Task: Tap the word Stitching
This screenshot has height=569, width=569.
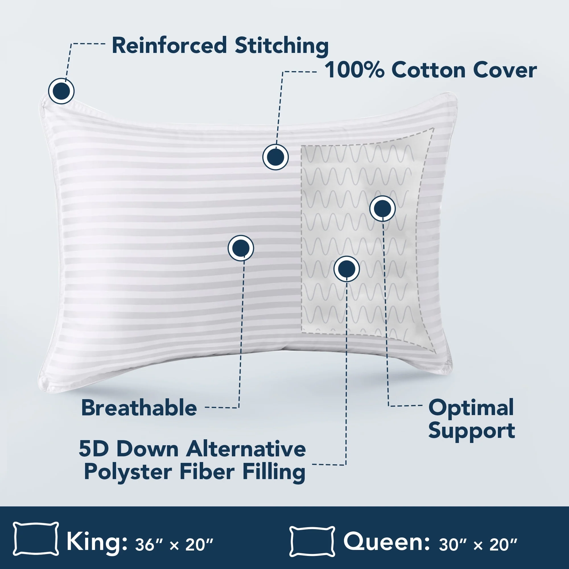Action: point(282,46)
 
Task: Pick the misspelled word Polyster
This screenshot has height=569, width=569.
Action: point(128,473)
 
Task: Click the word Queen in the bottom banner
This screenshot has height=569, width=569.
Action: point(386,541)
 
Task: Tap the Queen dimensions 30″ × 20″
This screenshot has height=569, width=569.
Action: point(478,545)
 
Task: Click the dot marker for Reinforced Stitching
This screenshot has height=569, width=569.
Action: point(61,91)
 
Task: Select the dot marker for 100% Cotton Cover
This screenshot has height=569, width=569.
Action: point(275,157)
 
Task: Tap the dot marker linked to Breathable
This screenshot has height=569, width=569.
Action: point(241,248)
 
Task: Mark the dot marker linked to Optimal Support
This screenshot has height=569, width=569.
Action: point(382,208)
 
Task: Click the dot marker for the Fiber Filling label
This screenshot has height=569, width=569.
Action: point(346,269)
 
